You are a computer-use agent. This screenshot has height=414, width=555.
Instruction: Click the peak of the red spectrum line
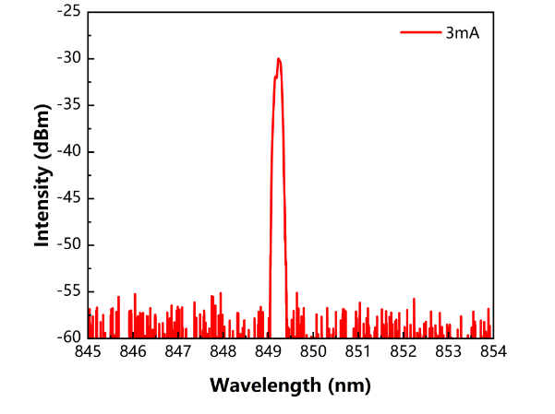[278, 59]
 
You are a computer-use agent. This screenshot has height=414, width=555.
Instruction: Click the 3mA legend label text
[462, 32]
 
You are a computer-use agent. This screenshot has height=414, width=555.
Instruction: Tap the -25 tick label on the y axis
[68, 12]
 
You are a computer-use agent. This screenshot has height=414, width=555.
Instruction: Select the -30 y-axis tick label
[68, 58]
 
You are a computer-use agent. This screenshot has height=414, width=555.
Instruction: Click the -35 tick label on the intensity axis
[68, 105]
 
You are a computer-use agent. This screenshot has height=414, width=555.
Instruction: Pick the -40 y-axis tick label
[68, 151]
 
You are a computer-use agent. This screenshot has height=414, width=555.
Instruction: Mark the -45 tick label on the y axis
[68, 198]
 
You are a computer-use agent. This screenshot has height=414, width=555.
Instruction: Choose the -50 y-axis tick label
[68, 244]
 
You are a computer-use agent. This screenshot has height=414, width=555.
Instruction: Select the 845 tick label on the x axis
[89, 352]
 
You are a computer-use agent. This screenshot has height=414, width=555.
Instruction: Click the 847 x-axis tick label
[178, 352]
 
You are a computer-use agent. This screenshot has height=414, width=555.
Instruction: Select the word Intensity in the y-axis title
[42, 209]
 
